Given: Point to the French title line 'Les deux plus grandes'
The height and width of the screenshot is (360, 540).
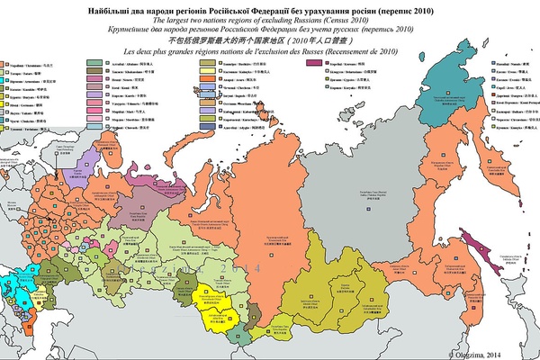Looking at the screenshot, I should tap(270, 50).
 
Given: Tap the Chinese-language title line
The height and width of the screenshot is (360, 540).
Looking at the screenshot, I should tap(270, 40).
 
